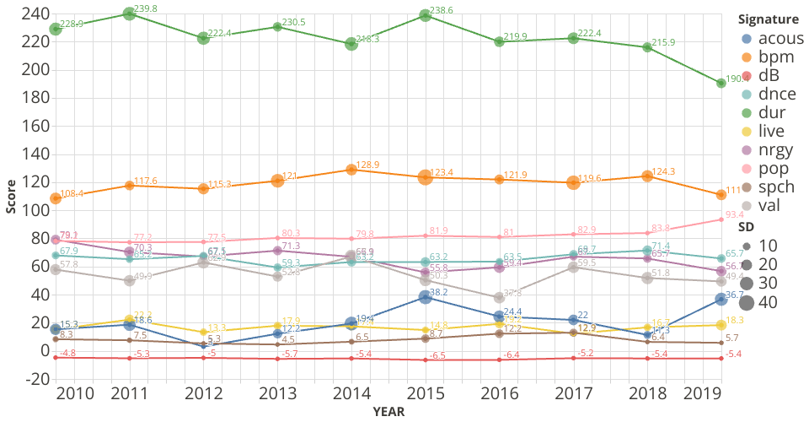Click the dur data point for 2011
point(130,14)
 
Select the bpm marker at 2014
point(351,169)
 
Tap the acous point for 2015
point(426,296)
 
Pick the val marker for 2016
point(499,297)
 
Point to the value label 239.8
point(146,8)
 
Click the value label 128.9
point(368,165)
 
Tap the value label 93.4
point(737,214)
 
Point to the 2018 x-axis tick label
point(646,394)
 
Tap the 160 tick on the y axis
point(33,126)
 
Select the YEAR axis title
point(388,412)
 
